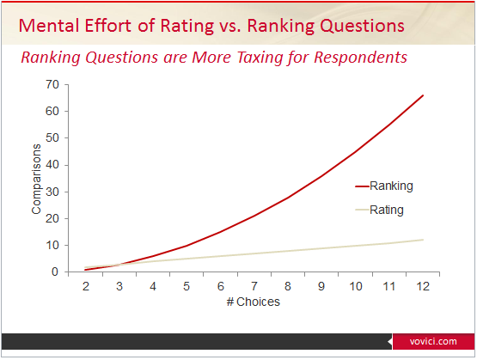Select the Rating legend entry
[x=387, y=210]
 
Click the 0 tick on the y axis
[x=54, y=272]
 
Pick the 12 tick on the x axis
[x=422, y=285]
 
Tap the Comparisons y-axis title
[x=36, y=178]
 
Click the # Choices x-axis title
[x=254, y=302]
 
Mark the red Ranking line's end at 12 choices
[x=423, y=95]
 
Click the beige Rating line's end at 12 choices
[x=423, y=240]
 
